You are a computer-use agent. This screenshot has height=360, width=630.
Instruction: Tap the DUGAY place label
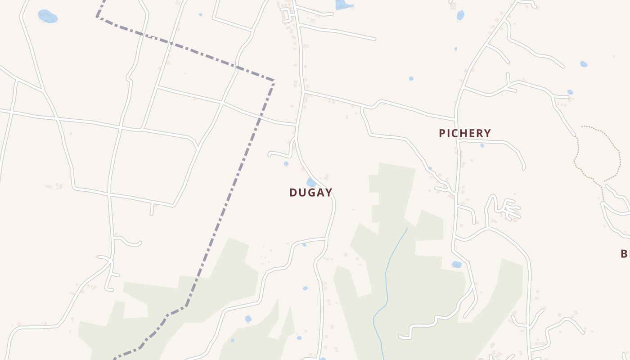(x=311, y=193)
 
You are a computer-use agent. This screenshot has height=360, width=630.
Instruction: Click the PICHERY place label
(x=465, y=133)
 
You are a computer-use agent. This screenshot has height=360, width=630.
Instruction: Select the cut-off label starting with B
(x=625, y=254)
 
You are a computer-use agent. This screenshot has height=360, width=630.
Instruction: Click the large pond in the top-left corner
(x=47, y=17)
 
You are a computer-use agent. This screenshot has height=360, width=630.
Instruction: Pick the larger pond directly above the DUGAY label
(x=311, y=182)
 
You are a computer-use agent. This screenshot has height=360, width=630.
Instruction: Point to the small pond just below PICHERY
(x=482, y=145)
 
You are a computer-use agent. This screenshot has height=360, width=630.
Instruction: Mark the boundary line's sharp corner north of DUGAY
(x=274, y=81)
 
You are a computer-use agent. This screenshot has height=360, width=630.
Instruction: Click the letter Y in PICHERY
(x=487, y=133)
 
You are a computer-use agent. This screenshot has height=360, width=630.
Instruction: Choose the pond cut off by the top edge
(x=344, y=4)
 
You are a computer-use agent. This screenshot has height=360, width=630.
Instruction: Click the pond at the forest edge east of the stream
(x=457, y=264)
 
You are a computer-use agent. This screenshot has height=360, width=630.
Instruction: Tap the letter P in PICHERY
(x=442, y=133)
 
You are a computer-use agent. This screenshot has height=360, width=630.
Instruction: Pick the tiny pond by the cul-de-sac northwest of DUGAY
(x=286, y=164)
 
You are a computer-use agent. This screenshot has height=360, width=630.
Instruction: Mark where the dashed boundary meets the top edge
(x=104, y=1)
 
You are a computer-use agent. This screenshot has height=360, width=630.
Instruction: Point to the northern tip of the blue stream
(x=407, y=228)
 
